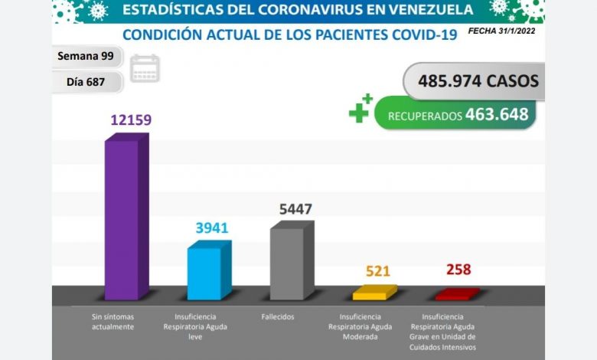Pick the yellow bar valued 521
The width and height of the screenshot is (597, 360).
(x=374, y=293)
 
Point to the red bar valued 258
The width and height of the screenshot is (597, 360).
(x=456, y=294)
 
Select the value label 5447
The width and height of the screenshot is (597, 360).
(x=295, y=209)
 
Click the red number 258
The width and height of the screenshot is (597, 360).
(x=458, y=270)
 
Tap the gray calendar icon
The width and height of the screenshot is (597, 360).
(x=145, y=68)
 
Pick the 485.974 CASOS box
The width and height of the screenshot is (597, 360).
(x=478, y=80)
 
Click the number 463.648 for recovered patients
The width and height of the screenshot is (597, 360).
(x=496, y=115)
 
